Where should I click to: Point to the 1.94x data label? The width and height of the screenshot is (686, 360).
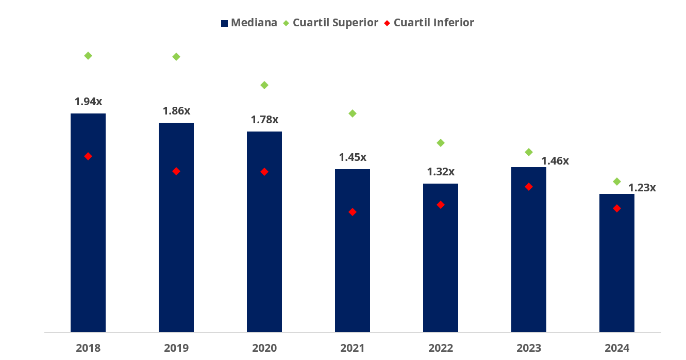coord(89,102)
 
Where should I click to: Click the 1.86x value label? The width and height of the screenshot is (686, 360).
coord(176,111)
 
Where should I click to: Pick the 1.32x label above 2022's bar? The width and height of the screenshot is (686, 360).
coord(441,172)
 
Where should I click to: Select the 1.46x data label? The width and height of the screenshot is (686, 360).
coord(555,161)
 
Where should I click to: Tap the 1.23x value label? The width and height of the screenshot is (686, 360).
coord(642,188)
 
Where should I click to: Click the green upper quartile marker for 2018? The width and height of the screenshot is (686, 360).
coord(88,56)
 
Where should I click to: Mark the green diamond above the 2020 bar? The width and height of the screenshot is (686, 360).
coord(264,85)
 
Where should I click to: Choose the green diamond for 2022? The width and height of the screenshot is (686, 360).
coord(441,143)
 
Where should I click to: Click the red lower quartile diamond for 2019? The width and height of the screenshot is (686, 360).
coord(176,171)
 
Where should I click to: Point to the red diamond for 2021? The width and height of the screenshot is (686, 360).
coord(353,212)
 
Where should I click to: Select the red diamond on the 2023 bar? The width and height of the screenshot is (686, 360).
coord(529,187)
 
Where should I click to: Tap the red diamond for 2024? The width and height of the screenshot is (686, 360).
coord(617,208)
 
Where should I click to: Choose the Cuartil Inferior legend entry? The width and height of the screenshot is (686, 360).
coord(430,23)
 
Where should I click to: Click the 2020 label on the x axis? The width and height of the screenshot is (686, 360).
coord(264,348)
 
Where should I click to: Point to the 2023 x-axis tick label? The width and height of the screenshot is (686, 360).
coord(529,348)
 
